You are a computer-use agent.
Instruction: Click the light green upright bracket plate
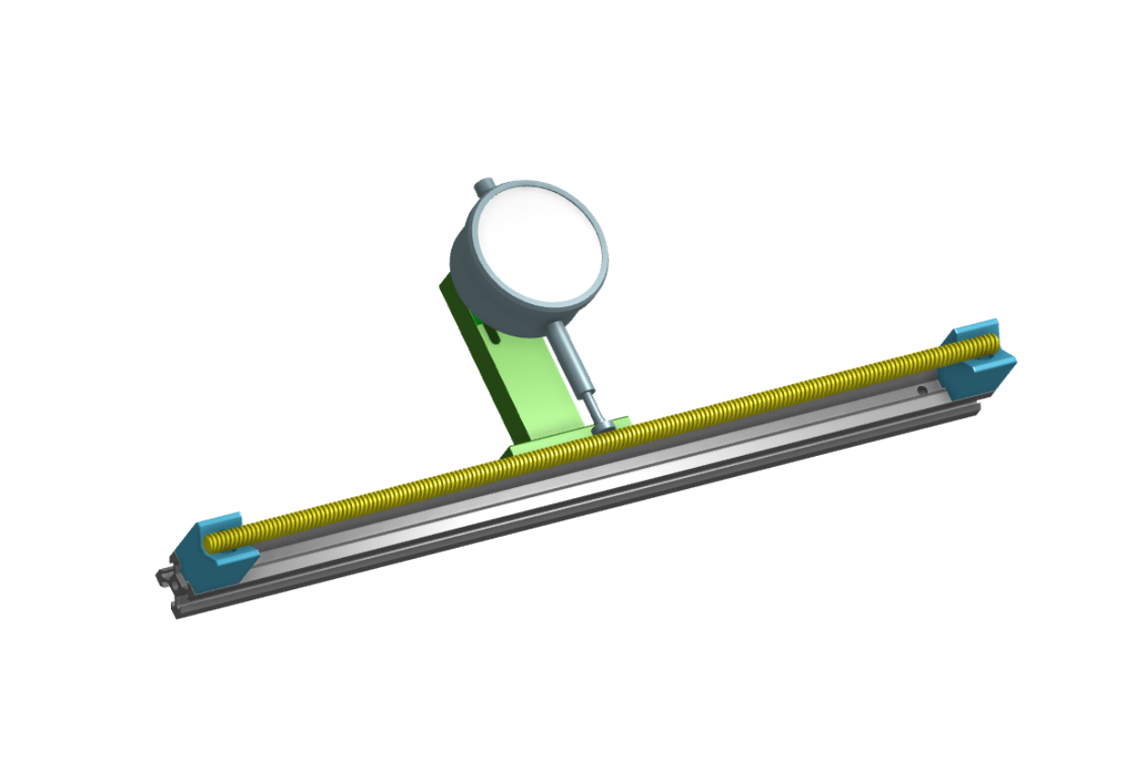coord(533,386)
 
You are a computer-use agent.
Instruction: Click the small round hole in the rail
coord(921,390)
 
